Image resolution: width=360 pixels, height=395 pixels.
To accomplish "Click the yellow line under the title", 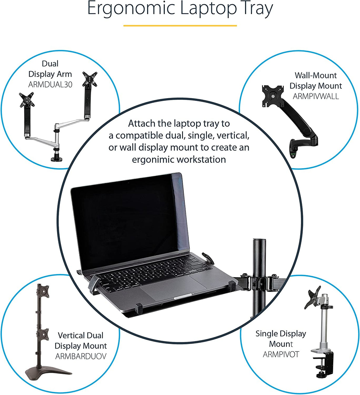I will pos(180,26).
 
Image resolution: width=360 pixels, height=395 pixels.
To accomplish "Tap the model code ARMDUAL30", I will pos(50,85).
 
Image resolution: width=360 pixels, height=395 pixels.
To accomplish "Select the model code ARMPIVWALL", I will pos(316,96).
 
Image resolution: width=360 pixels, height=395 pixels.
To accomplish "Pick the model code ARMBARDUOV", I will pos(81,356).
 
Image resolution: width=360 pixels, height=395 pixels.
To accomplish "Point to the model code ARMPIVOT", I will pos(281,354).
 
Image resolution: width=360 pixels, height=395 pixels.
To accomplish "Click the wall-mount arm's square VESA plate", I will pos(273,96).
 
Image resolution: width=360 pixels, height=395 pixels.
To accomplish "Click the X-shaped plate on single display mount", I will pos(313,297).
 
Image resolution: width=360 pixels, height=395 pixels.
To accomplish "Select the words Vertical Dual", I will pos(80,335).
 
